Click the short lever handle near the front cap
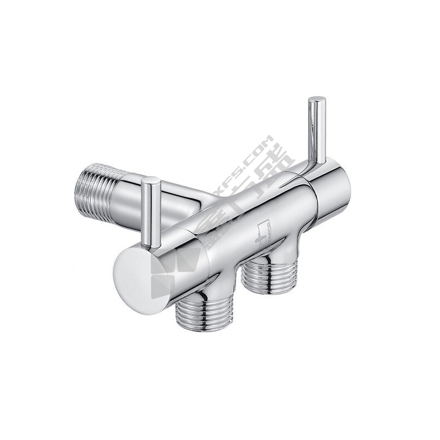(x=150, y=212)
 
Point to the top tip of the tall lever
(x=317, y=100)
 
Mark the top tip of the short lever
(x=150, y=180)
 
